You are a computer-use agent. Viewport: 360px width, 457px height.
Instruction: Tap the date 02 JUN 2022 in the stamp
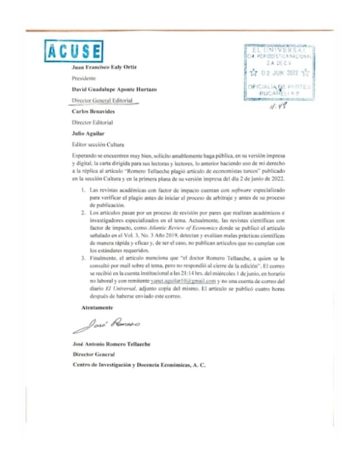pyautogui.click(x=279, y=73)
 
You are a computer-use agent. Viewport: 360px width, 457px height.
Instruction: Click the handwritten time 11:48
pyautogui.click(x=278, y=105)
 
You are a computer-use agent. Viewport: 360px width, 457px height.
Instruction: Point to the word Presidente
pyautogui.click(x=85, y=78)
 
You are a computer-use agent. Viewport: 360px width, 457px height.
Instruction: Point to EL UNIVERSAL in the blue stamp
pyautogui.click(x=278, y=50)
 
